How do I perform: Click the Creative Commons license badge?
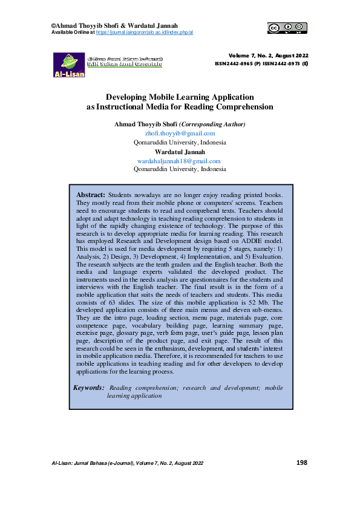click(x=287, y=27)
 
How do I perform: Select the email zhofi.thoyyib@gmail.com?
click(x=180, y=133)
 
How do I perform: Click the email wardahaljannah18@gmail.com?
click(x=180, y=161)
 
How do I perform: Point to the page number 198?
click(x=302, y=462)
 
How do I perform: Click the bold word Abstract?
click(x=91, y=195)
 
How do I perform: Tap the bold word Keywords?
click(x=88, y=387)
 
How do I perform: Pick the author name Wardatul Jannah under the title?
click(x=180, y=152)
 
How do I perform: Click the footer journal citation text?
click(x=128, y=463)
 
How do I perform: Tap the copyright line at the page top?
click(x=114, y=25)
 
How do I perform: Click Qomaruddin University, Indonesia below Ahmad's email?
click(x=180, y=142)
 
